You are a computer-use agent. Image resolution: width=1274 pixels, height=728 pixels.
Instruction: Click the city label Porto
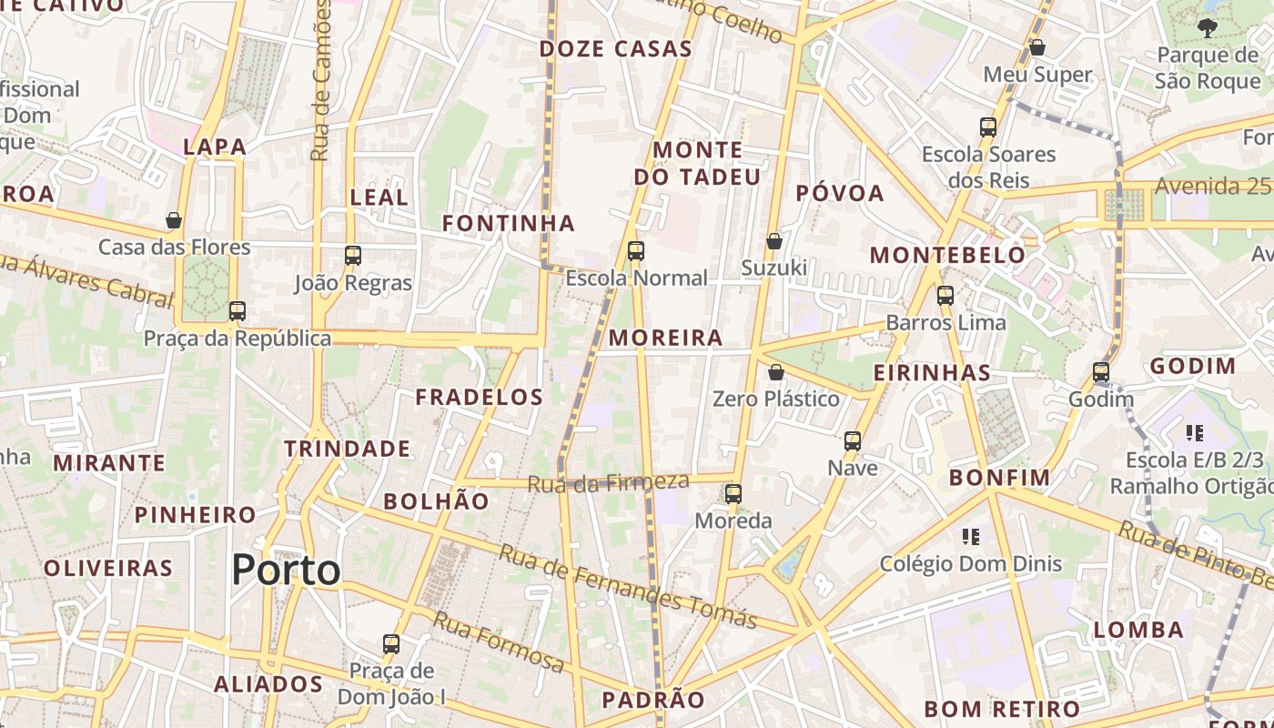pyautogui.click(x=286, y=571)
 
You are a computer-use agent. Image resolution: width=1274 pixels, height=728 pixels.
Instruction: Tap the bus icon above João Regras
pyautogui.click(x=353, y=256)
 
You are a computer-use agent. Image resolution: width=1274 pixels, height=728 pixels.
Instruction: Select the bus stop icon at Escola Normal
pyautogui.click(x=636, y=251)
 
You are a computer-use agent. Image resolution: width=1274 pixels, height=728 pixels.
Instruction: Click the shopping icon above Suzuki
pyautogui.click(x=773, y=241)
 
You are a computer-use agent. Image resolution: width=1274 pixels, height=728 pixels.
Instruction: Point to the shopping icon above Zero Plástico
pyautogui.click(x=776, y=372)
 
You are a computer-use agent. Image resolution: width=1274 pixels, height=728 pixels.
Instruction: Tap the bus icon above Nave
pyautogui.click(x=853, y=441)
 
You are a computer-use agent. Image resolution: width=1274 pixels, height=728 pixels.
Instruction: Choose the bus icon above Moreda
pyautogui.click(x=733, y=494)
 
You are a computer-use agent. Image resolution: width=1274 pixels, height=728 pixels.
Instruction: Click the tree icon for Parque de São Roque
pyautogui.click(x=1208, y=28)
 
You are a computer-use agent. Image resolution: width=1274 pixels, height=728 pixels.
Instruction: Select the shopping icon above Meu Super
pyautogui.click(x=1036, y=47)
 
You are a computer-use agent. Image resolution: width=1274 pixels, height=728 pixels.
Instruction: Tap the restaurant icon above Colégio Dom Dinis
pyautogui.click(x=970, y=537)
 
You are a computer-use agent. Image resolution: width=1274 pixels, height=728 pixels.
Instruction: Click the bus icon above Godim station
pyautogui.click(x=1101, y=372)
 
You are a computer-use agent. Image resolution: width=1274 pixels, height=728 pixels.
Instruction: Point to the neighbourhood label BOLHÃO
pyautogui.click(x=436, y=501)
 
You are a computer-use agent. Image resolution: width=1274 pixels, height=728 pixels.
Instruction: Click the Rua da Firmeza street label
pyautogui.click(x=608, y=481)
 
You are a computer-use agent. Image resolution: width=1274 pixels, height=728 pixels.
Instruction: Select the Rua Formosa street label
pyautogui.click(x=498, y=642)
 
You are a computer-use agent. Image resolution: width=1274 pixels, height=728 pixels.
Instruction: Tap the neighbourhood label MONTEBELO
pyautogui.click(x=947, y=255)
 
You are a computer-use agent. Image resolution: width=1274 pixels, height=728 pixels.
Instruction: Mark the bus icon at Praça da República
pyautogui.click(x=238, y=311)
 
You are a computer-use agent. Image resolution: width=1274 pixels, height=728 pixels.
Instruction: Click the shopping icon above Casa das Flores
pyautogui.click(x=174, y=220)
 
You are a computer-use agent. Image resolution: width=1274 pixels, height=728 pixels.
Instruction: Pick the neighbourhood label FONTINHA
pyautogui.click(x=509, y=223)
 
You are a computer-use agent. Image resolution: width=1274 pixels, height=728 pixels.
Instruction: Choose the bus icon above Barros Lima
pyautogui.click(x=945, y=296)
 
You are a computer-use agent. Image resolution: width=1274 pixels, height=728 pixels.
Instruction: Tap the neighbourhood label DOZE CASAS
pyautogui.click(x=616, y=49)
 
